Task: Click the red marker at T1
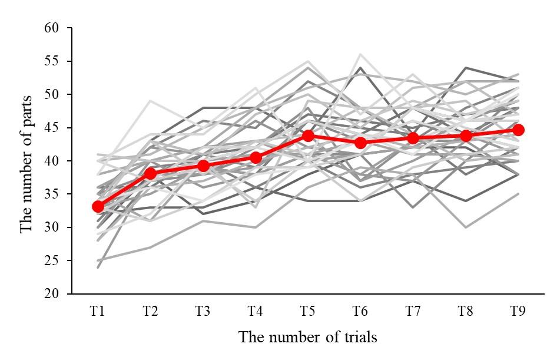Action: (x=98, y=206)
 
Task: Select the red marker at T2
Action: (x=150, y=173)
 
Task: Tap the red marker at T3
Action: (x=203, y=166)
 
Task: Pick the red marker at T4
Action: (x=256, y=157)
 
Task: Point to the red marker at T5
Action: (x=308, y=136)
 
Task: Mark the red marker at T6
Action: (x=360, y=143)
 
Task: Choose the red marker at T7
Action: (x=413, y=138)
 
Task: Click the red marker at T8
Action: (x=466, y=136)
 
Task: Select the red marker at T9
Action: (x=518, y=130)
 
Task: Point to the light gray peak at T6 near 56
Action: (x=360, y=55)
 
